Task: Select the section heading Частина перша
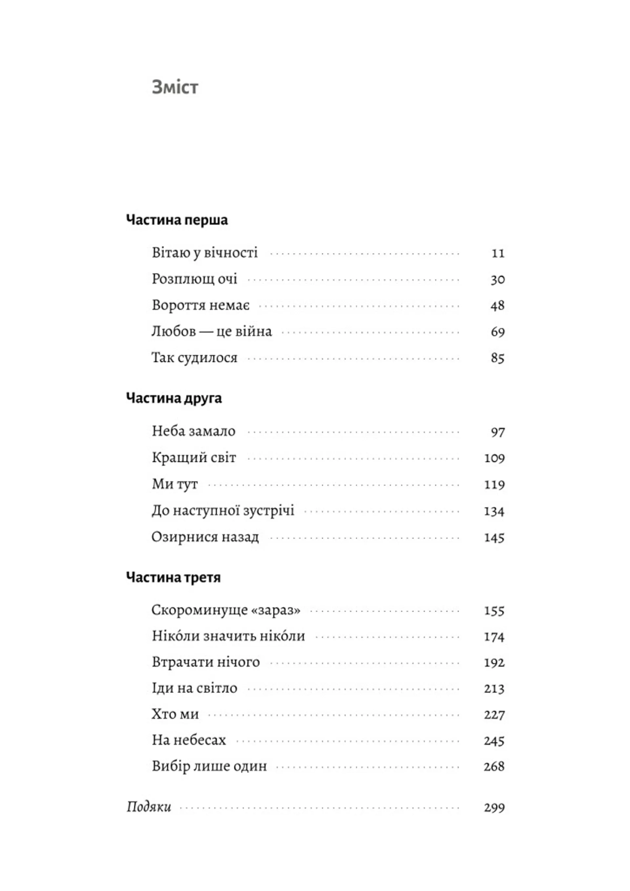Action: tap(177, 220)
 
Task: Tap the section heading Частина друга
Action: tap(174, 398)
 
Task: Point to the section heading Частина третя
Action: tap(174, 577)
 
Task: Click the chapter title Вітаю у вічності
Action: tap(204, 253)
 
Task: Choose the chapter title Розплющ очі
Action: tap(194, 279)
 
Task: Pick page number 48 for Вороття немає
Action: tap(497, 305)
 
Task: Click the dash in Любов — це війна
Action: tap(206, 332)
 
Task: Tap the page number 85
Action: tap(497, 358)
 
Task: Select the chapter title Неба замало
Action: tap(193, 431)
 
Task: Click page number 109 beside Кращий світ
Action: tap(494, 458)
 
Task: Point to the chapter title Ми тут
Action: tap(175, 484)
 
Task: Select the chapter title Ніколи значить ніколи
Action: tap(228, 636)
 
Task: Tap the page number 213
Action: tap(494, 689)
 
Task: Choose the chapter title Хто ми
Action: tap(175, 715)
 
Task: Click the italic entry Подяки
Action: tap(149, 807)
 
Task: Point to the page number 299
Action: tap(494, 808)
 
